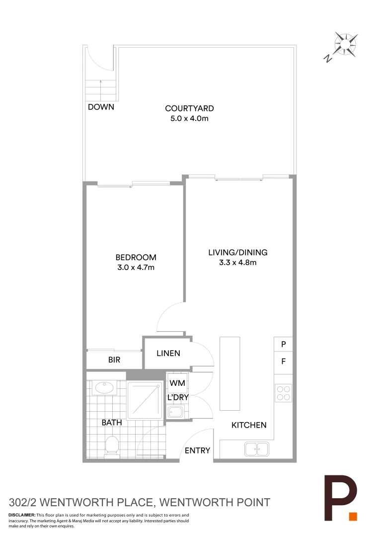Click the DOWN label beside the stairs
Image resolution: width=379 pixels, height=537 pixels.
(x=101, y=107)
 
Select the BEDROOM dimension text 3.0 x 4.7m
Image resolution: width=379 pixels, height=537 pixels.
(x=136, y=268)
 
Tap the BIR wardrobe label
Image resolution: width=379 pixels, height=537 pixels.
(x=114, y=360)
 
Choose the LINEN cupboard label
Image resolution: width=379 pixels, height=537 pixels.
(x=168, y=353)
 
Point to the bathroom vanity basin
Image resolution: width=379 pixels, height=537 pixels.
(x=105, y=388)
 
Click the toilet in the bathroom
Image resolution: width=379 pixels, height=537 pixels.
(x=112, y=446)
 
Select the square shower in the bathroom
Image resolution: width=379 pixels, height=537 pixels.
(x=145, y=400)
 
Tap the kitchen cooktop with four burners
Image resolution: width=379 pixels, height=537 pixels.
(x=283, y=393)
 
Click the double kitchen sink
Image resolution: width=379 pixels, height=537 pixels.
(x=256, y=449)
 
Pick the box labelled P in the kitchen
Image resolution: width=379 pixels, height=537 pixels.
(x=283, y=344)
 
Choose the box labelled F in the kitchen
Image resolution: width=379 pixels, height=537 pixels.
(x=283, y=362)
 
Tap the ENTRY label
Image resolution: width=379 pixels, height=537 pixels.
(x=197, y=450)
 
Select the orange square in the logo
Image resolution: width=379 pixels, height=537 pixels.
(x=353, y=516)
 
